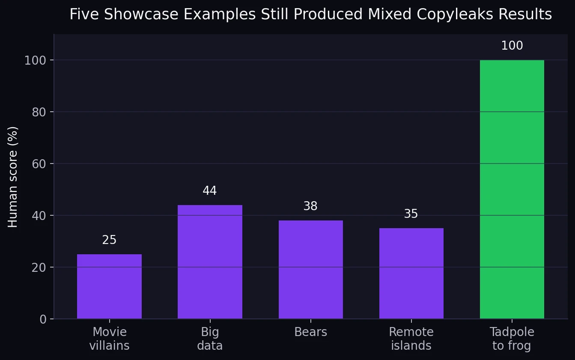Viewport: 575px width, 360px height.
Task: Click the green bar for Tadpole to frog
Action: (512, 189)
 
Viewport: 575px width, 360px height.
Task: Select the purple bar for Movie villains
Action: (109, 286)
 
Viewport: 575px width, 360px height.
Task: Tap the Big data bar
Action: (210, 262)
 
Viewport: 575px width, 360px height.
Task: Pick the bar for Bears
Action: (310, 269)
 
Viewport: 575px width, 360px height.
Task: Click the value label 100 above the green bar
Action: (512, 46)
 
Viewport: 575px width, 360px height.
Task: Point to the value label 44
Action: (210, 191)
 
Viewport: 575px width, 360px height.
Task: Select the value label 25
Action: (109, 240)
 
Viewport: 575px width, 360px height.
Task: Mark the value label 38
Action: (310, 206)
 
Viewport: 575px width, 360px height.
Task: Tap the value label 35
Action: (411, 214)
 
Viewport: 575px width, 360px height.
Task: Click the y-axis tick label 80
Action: (39, 112)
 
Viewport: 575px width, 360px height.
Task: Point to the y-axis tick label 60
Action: (39, 164)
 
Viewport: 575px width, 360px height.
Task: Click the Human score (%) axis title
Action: (13, 177)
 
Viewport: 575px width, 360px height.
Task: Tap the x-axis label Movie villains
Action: (109, 339)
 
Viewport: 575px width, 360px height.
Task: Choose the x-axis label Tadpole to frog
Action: (512, 339)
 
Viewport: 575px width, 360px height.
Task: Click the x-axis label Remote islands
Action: (411, 339)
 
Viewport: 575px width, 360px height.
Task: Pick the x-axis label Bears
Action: (310, 332)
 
